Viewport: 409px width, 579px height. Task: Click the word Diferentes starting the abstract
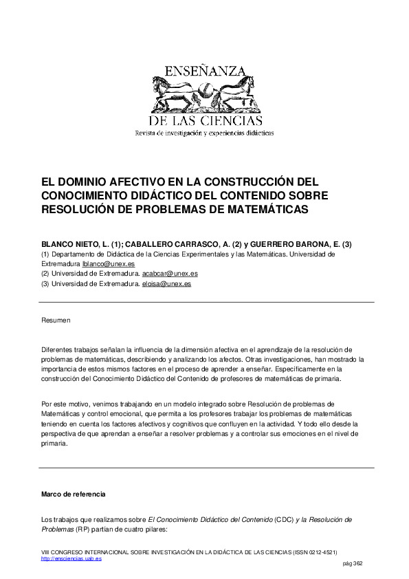58,350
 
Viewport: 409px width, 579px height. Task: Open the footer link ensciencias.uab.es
71,559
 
